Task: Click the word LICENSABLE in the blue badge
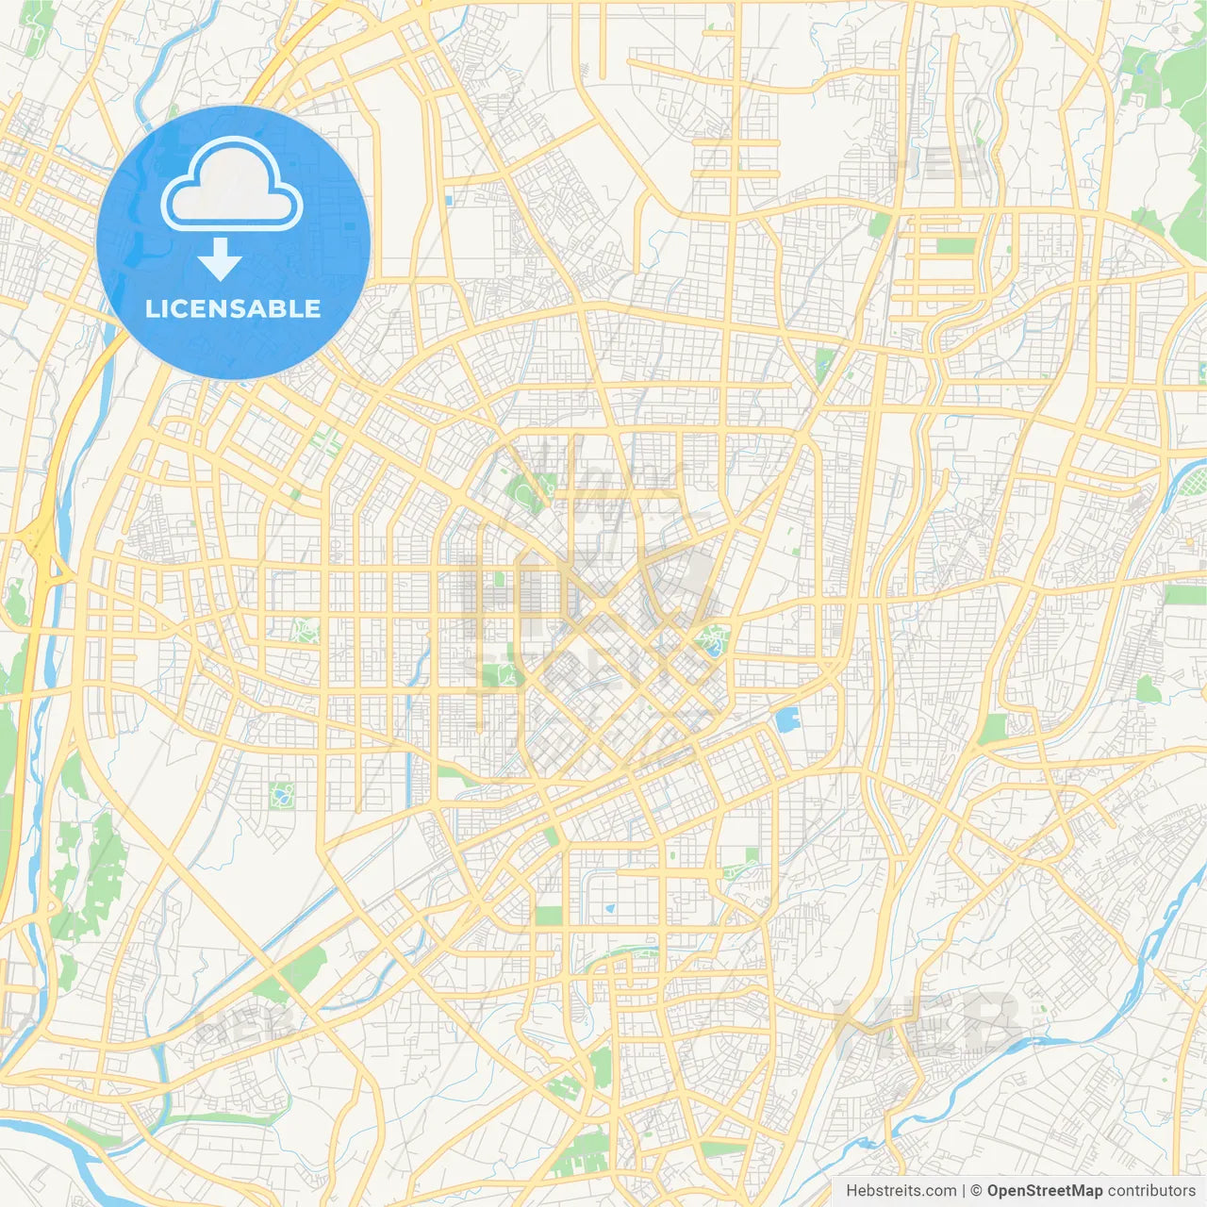tap(233, 308)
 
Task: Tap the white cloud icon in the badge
tap(232, 185)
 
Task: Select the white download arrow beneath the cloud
tap(221, 259)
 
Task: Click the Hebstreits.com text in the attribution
tap(901, 1191)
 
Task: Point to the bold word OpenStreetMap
tap(1044, 1191)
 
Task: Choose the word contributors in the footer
tap(1150, 1191)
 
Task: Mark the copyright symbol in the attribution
tap(976, 1191)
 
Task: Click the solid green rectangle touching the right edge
tap(1185, 594)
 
